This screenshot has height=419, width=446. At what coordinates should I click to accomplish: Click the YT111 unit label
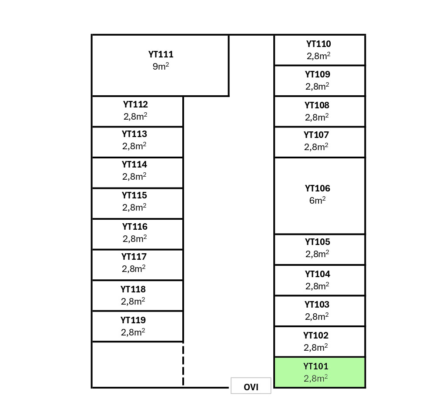point(161,54)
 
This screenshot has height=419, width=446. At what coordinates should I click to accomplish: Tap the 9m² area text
point(161,67)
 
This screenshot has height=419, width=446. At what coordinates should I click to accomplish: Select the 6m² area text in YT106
point(318,201)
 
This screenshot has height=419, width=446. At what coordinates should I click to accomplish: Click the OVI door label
point(251,387)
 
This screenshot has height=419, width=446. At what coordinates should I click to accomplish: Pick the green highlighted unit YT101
point(319,372)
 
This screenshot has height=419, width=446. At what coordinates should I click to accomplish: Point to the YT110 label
point(319,44)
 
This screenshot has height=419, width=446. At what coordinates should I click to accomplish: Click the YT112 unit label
point(135,104)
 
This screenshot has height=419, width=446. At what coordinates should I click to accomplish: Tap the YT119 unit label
point(133,320)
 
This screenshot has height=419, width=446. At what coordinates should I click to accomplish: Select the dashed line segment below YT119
point(183,365)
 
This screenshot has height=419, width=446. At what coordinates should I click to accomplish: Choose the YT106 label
point(318,188)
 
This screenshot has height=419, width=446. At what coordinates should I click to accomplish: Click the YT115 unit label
point(134,195)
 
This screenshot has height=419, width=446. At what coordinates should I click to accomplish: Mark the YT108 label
point(317,105)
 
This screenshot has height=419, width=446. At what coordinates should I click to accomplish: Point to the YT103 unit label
point(317,305)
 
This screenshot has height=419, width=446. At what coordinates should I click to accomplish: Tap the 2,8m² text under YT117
point(134,269)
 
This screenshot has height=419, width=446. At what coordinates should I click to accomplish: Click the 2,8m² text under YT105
point(317,254)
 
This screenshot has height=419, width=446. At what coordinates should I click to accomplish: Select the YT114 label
point(134,164)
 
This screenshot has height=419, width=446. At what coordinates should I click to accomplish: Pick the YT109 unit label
point(318,74)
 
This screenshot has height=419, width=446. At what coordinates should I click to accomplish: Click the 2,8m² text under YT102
point(316,348)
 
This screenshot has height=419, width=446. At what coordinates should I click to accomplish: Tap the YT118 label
point(133,289)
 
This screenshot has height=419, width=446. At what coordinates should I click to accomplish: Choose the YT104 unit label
point(318,274)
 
